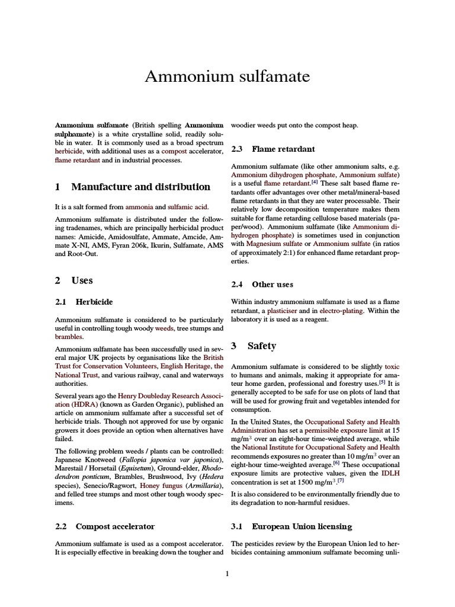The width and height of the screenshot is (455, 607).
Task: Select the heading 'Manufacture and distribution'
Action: [x=140, y=187]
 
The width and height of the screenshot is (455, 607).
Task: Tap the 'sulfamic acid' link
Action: [x=189, y=208]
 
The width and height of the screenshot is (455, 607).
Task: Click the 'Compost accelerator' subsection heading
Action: [x=115, y=526]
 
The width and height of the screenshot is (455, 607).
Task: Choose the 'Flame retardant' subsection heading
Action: [x=283, y=149]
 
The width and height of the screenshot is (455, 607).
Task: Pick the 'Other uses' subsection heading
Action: [x=273, y=285]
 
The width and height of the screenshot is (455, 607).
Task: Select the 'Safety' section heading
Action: [x=261, y=346]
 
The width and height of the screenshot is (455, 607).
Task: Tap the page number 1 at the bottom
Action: [x=227, y=574]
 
